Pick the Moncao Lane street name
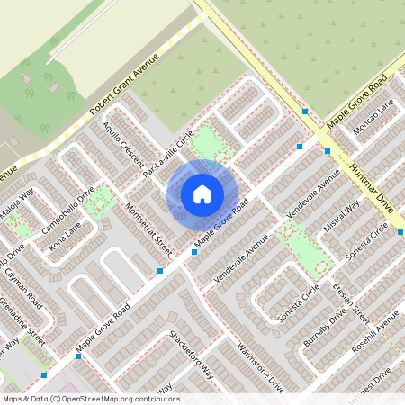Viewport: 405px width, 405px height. [x=373, y=117]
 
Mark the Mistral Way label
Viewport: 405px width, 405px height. [x=341, y=216]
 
